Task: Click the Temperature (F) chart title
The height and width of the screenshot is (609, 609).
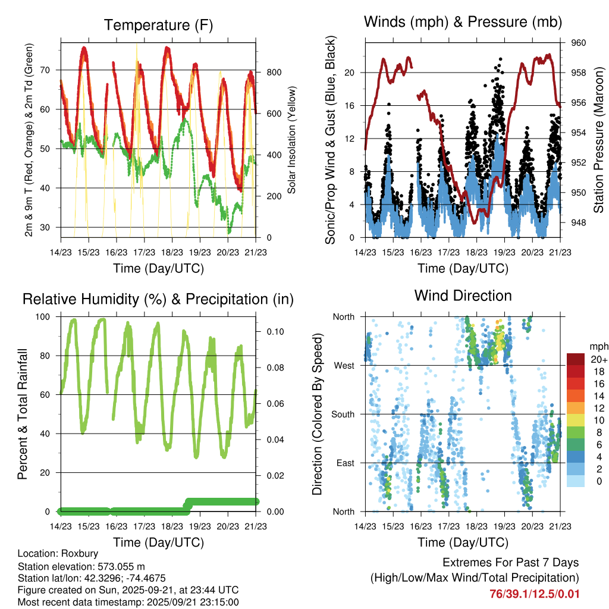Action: (158, 26)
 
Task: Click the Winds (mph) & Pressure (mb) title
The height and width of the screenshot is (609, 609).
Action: (463, 22)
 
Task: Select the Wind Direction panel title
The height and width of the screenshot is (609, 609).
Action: (463, 296)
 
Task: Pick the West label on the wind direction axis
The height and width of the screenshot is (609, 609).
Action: (343, 365)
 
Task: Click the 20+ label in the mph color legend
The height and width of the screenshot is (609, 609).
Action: (599, 359)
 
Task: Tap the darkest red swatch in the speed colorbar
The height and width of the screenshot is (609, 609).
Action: (575, 359)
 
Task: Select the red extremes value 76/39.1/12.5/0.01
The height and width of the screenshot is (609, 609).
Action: (534, 594)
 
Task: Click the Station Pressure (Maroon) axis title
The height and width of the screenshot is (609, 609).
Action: (599, 140)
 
